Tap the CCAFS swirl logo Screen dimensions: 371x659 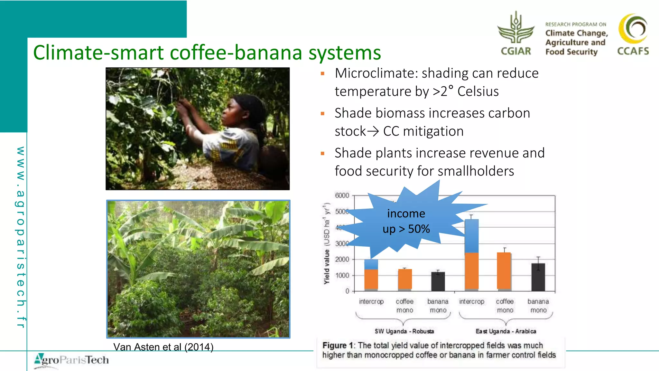[x=633, y=29]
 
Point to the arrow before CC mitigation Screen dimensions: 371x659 [x=373, y=131]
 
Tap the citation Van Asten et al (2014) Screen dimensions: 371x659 [x=163, y=347]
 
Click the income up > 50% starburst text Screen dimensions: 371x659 [x=406, y=221]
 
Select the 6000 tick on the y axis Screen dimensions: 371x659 [x=342, y=195]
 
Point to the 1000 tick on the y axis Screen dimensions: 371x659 [x=342, y=275]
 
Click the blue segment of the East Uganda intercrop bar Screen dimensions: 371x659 [x=471, y=236]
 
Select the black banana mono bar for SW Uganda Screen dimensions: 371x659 [x=438, y=281]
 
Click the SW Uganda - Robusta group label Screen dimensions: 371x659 [x=404, y=331]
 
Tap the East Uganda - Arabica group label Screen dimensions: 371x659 [x=506, y=331]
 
